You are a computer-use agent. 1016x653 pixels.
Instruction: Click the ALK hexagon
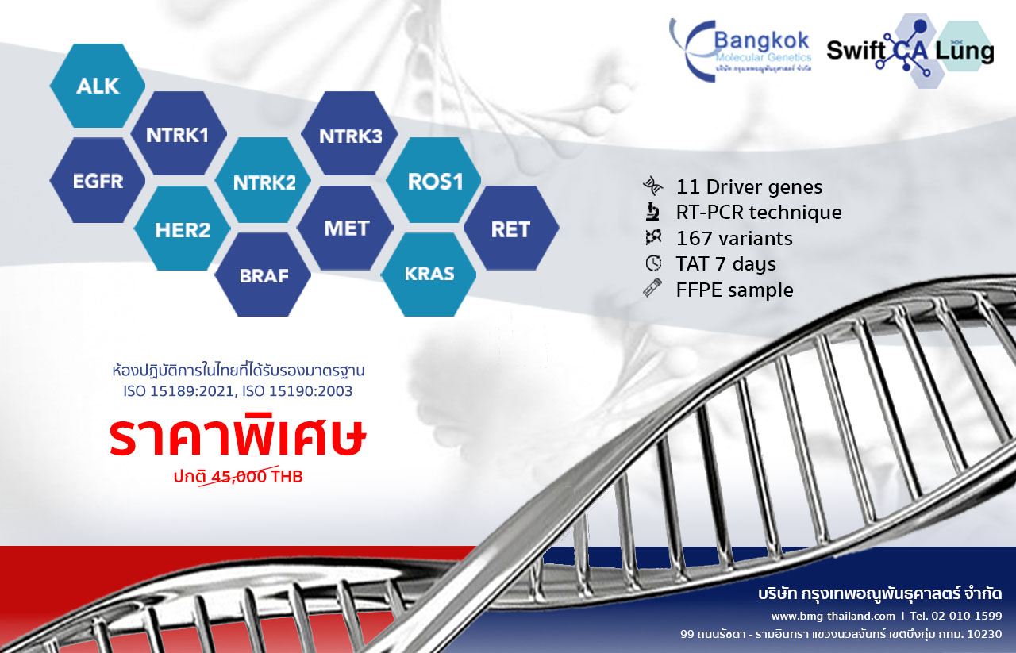point(98,86)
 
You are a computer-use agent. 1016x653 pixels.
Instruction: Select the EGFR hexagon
point(98,180)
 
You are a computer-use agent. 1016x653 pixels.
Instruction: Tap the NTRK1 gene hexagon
point(179,134)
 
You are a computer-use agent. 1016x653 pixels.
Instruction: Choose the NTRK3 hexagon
point(350,134)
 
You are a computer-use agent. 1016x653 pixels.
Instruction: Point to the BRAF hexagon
point(263,275)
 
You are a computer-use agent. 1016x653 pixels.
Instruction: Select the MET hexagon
point(345,228)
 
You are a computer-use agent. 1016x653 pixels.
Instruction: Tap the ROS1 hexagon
point(433,180)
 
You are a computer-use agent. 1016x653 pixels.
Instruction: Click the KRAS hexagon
point(429,275)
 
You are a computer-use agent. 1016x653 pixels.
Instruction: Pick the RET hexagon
point(511,228)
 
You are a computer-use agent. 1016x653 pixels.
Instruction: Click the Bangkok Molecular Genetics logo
point(741,50)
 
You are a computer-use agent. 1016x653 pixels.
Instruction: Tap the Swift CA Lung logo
point(910,51)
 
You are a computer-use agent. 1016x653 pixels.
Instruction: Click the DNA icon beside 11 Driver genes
point(652,186)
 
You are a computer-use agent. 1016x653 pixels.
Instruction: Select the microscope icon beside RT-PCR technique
point(653,212)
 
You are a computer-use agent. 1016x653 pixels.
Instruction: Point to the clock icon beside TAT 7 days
point(653,263)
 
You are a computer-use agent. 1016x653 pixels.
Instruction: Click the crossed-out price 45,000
point(239,477)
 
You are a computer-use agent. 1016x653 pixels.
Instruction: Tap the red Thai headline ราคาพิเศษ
point(237,435)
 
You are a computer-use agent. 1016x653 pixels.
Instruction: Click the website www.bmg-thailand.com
point(833,616)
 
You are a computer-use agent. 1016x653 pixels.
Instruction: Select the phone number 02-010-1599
point(967,616)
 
